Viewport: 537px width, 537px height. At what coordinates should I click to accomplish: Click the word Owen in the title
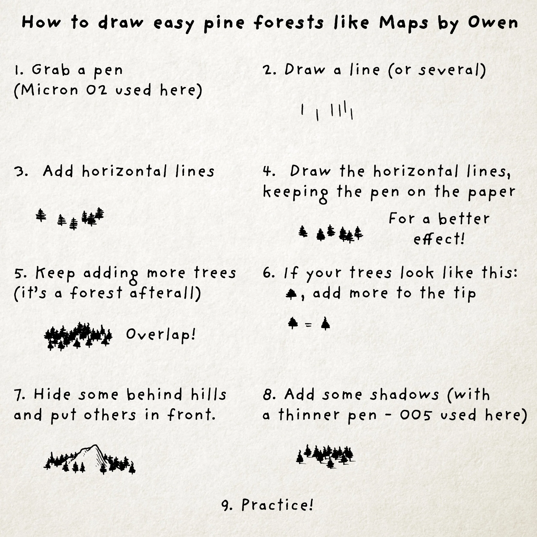(493, 22)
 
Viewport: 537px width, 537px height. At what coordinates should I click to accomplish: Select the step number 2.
(268, 70)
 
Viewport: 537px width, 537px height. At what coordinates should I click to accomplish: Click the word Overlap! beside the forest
(161, 334)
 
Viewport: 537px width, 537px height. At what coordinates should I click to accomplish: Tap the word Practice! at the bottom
(277, 505)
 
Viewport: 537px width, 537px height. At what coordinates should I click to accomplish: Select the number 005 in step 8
(416, 415)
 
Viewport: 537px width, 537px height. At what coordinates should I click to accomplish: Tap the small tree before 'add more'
(291, 294)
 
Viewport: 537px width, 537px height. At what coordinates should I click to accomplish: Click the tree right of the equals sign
(325, 323)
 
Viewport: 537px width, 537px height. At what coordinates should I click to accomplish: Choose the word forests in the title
(288, 22)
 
